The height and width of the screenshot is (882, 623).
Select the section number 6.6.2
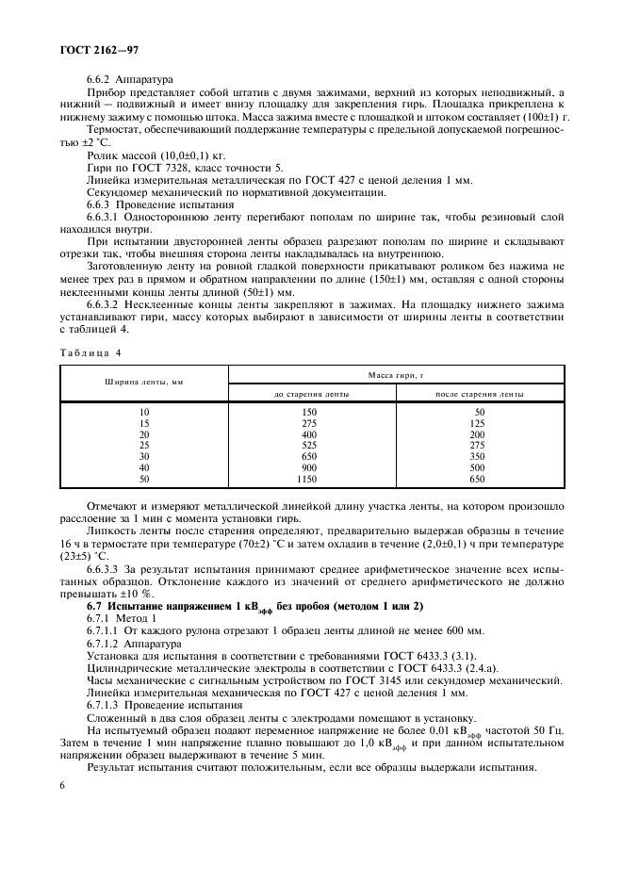click(102, 80)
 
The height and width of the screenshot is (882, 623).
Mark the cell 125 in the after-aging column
click(479, 424)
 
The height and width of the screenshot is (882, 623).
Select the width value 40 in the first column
click(144, 467)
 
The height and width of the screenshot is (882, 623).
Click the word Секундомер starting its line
click(120, 191)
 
